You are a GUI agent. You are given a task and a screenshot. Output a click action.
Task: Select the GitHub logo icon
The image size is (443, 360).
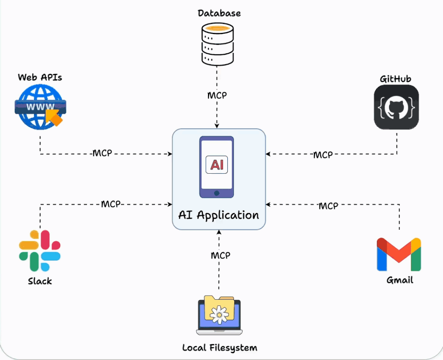(396, 107)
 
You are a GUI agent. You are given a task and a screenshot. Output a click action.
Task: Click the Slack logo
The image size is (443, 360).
(40, 250)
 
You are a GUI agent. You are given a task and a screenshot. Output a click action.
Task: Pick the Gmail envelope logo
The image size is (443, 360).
(399, 254)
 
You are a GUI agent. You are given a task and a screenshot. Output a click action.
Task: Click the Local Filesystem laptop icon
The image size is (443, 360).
(219, 314)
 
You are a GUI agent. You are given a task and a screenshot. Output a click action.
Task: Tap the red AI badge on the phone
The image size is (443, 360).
(217, 165)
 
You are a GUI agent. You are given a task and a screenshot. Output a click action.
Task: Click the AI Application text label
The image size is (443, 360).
(219, 215)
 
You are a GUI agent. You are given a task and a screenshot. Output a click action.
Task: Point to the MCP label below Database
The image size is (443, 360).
(217, 95)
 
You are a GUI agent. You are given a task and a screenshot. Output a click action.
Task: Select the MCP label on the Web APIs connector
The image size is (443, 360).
(102, 154)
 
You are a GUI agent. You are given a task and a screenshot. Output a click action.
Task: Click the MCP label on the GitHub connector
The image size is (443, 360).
(323, 155)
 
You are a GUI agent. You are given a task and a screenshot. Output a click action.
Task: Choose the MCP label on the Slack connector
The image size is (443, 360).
(111, 204)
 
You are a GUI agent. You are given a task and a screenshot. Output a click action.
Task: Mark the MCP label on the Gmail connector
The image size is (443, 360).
(328, 205)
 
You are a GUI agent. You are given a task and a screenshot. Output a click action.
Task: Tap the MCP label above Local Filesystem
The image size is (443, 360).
(220, 255)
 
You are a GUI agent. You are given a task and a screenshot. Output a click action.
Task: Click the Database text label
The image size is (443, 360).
(219, 13)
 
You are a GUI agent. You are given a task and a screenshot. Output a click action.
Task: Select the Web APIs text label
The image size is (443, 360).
(40, 77)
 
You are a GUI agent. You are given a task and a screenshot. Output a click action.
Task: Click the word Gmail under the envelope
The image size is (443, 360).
(400, 280)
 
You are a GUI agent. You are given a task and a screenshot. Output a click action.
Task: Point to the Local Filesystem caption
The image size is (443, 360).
(219, 348)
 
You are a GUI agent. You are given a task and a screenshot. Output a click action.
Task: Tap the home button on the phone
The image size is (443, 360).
(217, 193)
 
